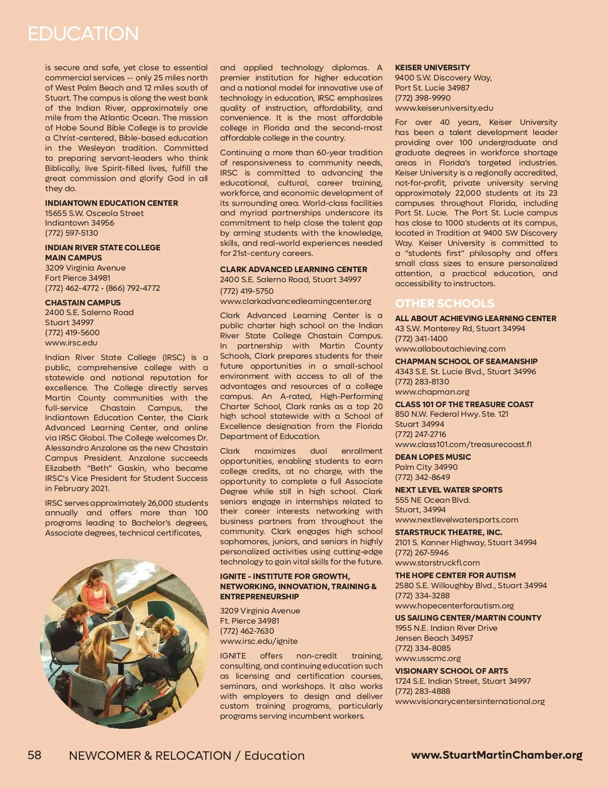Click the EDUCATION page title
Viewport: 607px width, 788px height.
[x=83, y=34]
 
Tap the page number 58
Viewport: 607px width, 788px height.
[x=34, y=755]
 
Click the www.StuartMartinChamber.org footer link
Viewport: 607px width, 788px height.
[x=497, y=755]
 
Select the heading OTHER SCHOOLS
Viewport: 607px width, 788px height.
[x=445, y=303]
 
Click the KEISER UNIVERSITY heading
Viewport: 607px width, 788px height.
[x=432, y=68]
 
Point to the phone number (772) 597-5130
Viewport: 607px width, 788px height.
[x=71, y=233]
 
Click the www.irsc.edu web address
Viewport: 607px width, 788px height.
[x=71, y=343]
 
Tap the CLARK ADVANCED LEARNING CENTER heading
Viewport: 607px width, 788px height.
[x=293, y=270]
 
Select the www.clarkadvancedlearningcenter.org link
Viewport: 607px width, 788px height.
[x=295, y=301]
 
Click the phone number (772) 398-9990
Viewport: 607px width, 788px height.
[x=422, y=98]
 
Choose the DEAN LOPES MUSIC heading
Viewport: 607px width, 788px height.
[x=433, y=457]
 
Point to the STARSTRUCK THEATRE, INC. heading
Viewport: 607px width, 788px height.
[x=449, y=533]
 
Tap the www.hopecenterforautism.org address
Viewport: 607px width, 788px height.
[x=454, y=606]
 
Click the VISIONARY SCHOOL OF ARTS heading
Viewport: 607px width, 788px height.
[x=451, y=671]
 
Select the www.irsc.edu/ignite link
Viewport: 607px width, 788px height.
[x=258, y=641]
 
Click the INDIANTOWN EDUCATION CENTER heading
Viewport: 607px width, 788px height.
[x=111, y=203]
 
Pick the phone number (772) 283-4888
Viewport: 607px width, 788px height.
[x=422, y=691]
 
